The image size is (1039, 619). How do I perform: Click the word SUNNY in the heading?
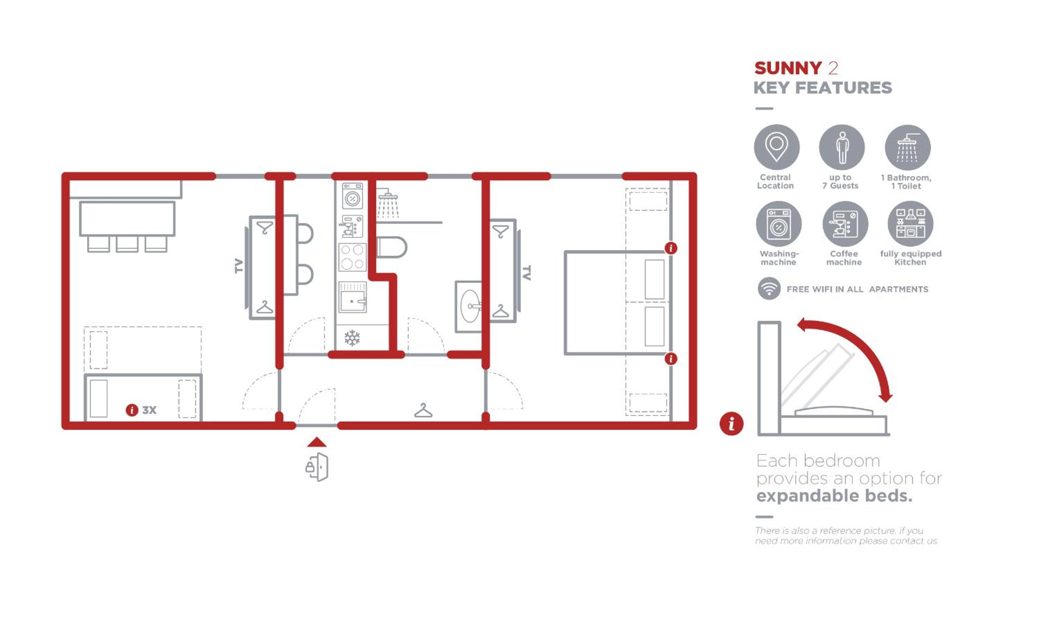[x=788, y=68]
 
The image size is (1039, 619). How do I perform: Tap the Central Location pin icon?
[x=777, y=147]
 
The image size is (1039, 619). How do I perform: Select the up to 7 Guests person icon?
[x=842, y=147]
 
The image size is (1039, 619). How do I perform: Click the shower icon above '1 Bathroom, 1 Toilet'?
[x=907, y=148]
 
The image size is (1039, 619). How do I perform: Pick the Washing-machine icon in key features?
[x=779, y=224]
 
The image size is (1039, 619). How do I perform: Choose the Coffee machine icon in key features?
[x=845, y=224]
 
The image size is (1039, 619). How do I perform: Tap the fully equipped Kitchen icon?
[x=910, y=224]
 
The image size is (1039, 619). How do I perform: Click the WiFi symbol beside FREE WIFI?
[x=769, y=288]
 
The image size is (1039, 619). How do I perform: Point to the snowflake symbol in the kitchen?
[x=352, y=338]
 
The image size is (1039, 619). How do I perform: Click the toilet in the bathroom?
[x=391, y=247]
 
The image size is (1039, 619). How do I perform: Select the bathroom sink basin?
[x=470, y=306]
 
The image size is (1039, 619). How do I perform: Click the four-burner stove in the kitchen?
[x=352, y=257]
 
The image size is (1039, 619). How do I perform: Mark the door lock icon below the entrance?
[x=317, y=467]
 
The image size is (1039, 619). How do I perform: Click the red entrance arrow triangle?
[x=317, y=442]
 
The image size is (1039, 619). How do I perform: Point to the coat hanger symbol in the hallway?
[x=423, y=410]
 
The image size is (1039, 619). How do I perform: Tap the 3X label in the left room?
[x=149, y=410]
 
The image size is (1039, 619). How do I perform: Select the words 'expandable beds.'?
[x=834, y=496]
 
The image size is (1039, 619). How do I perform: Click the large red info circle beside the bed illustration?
[x=732, y=423]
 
